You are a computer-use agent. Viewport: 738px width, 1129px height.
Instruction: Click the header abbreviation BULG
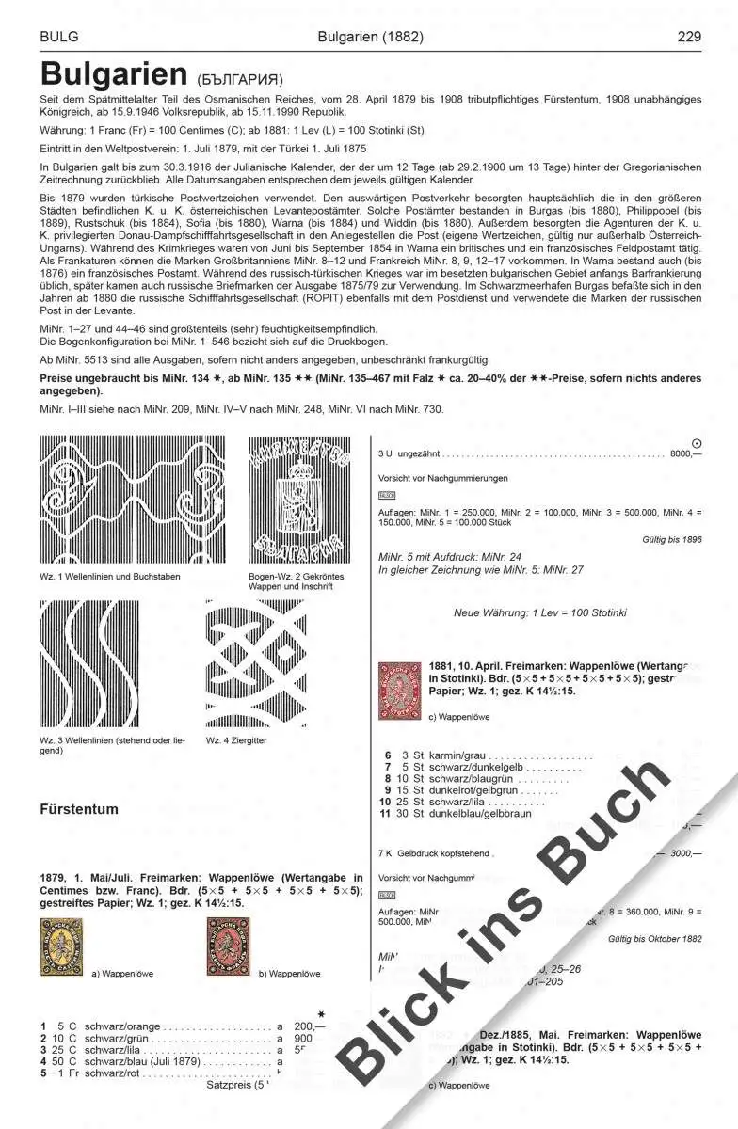pyautogui.click(x=58, y=38)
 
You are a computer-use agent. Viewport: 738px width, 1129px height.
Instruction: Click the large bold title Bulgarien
pyautogui.click(x=115, y=73)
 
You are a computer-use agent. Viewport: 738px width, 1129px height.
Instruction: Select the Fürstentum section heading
pyautogui.click(x=79, y=809)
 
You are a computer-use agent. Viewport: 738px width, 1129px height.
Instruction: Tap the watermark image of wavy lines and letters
pyautogui.click(x=133, y=500)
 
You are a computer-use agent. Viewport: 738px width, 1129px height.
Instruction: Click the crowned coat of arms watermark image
pyautogui.click(x=298, y=500)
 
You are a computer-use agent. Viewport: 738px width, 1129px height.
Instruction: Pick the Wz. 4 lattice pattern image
pyautogui.click(x=256, y=664)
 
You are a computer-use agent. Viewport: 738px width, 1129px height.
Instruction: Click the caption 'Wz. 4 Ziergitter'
pyautogui.click(x=237, y=740)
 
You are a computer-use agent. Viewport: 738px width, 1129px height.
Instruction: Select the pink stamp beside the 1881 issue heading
pyautogui.click(x=398, y=692)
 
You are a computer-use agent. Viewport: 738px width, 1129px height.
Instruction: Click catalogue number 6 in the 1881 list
pyautogui.click(x=387, y=755)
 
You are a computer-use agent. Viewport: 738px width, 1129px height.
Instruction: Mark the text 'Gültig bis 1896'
pyautogui.click(x=670, y=540)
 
